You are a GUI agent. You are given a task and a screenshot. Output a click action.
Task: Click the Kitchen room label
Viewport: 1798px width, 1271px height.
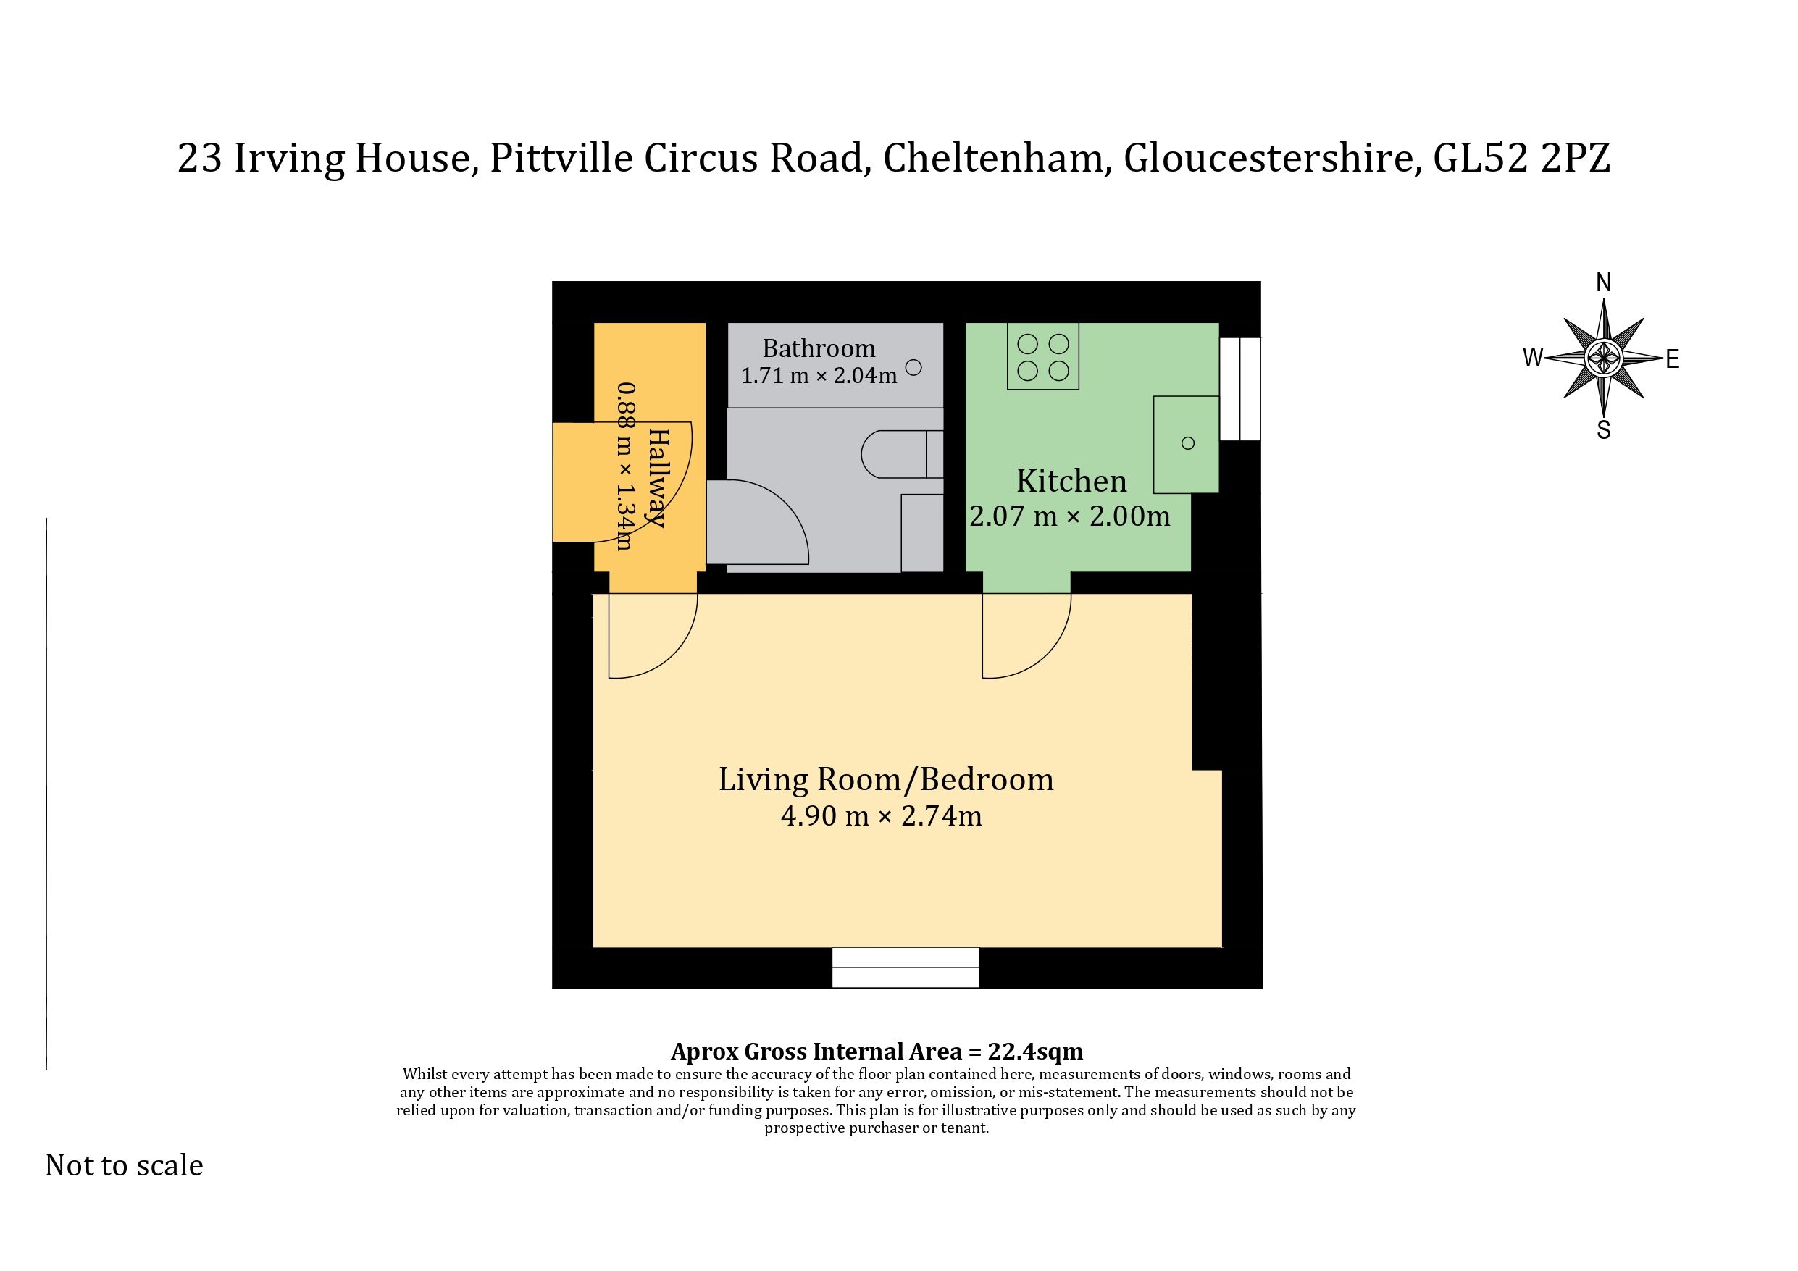(1071, 480)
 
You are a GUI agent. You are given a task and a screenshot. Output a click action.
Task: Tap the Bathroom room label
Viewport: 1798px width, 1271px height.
(819, 348)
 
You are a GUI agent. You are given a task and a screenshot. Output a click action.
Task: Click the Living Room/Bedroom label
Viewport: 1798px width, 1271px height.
(886, 779)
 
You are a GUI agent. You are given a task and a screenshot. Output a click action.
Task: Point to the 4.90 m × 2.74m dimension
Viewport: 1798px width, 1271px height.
(881, 816)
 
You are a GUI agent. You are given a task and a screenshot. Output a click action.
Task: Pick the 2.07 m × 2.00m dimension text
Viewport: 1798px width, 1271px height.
(1070, 516)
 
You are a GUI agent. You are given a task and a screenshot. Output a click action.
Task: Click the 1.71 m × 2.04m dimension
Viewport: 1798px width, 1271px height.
(819, 376)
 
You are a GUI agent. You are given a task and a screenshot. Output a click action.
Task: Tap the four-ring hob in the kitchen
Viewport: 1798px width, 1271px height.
(1043, 356)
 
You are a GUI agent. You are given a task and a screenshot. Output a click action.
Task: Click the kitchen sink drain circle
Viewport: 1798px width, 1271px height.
(1188, 443)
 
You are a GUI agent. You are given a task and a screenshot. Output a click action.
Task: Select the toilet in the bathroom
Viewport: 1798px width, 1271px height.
(902, 453)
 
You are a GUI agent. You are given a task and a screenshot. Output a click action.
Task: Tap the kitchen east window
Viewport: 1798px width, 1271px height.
(1239, 388)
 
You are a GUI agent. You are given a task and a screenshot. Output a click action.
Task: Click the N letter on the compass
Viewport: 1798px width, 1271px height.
(1604, 282)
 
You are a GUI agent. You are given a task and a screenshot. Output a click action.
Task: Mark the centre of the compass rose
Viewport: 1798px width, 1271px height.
(1604, 358)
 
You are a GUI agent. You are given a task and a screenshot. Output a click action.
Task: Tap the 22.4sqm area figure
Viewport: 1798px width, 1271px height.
(1035, 1051)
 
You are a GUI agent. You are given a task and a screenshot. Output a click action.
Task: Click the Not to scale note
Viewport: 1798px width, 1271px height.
(125, 1165)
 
